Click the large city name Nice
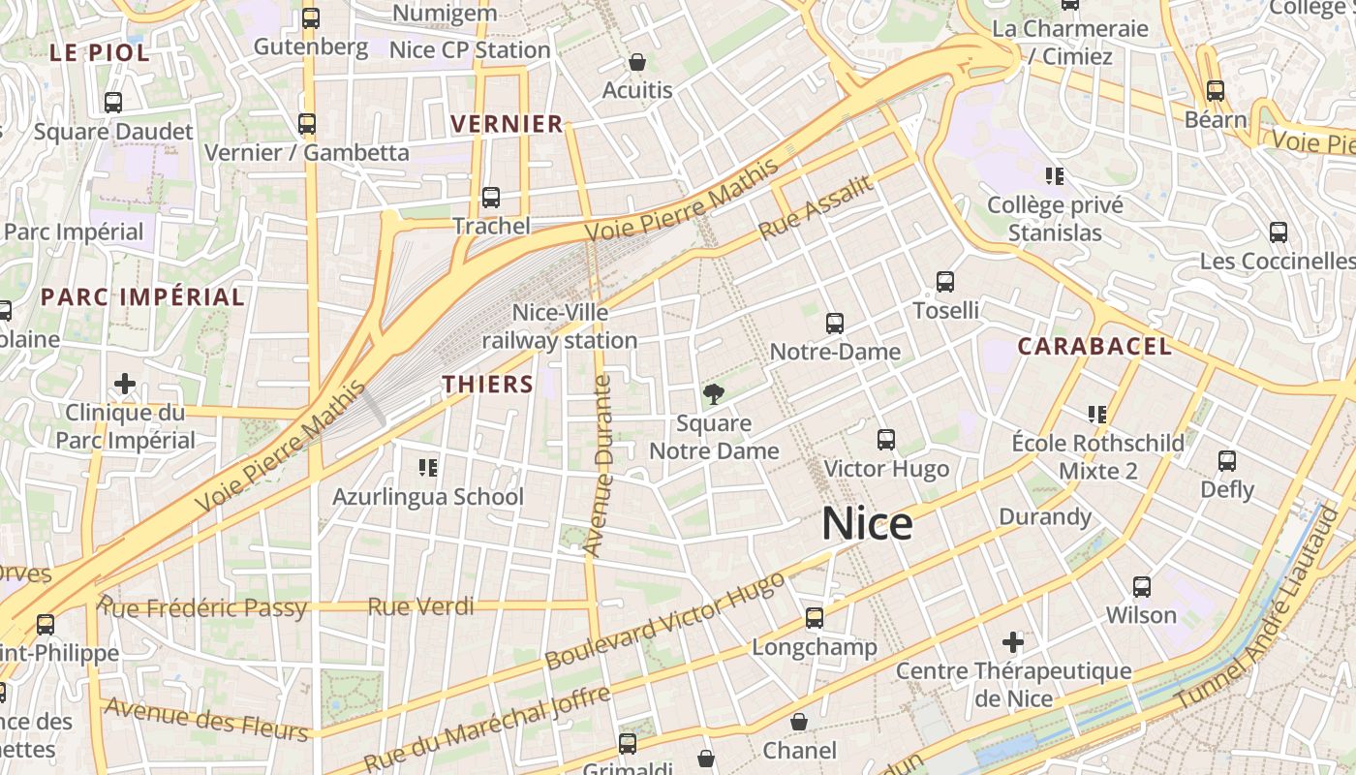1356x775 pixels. click(867, 524)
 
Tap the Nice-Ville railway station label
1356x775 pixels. click(560, 326)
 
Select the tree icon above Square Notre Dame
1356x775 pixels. click(714, 393)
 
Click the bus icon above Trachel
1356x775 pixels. click(491, 198)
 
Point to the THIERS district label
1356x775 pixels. click(488, 385)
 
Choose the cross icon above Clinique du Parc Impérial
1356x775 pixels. click(125, 384)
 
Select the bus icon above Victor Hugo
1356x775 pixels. click(886, 440)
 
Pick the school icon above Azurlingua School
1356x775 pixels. click(428, 468)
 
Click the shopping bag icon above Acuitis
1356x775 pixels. click(637, 62)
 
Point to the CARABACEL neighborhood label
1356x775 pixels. click(1094, 346)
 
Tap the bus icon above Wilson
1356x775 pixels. click(1142, 586)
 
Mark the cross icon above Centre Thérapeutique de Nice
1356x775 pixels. click(1013, 641)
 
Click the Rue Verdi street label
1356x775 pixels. click(420, 607)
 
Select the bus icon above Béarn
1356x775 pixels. click(1216, 91)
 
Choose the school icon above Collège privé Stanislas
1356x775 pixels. click(1055, 176)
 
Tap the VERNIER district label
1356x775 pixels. click(507, 124)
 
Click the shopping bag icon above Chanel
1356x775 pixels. click(799, 722)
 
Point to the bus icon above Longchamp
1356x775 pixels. click(815, 617)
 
